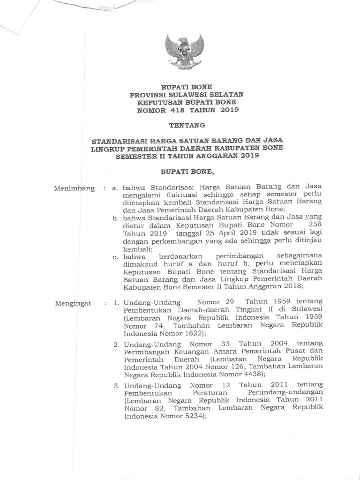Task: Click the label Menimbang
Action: point(74,188)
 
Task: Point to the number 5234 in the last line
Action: point(191,416)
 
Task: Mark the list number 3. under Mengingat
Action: point(116,385)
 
